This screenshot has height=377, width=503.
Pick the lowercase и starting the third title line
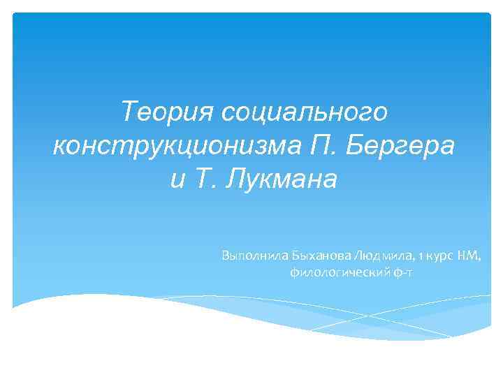(178, 179)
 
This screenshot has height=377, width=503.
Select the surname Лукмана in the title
(284, 179)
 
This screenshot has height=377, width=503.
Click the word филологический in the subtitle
(335, 272)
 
